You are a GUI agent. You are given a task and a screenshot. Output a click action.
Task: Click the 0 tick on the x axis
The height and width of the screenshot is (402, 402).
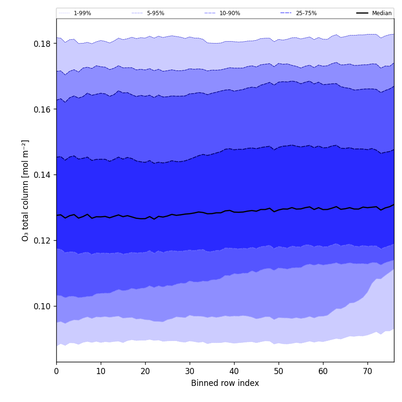(56, 372)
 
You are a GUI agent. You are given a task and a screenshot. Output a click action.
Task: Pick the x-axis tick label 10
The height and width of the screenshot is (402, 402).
(101, 372)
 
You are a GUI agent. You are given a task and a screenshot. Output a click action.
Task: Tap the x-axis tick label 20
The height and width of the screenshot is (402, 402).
(145, 372)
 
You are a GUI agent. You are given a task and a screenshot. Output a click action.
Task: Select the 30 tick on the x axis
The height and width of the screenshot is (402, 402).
(190, 372)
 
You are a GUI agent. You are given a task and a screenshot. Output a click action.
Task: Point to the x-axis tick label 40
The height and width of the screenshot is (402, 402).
(234, 372)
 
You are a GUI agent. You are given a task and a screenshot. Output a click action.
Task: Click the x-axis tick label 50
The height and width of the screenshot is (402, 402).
(279, 372)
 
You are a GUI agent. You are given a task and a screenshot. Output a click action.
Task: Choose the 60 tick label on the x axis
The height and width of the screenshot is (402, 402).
(323, 372)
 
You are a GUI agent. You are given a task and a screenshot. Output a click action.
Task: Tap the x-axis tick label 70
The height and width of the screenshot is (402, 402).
(367, 372)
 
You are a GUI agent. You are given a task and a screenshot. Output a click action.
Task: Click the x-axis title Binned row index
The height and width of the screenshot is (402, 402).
(225, 384)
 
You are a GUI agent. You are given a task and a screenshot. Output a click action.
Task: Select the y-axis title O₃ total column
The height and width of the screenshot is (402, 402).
(26, 190)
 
